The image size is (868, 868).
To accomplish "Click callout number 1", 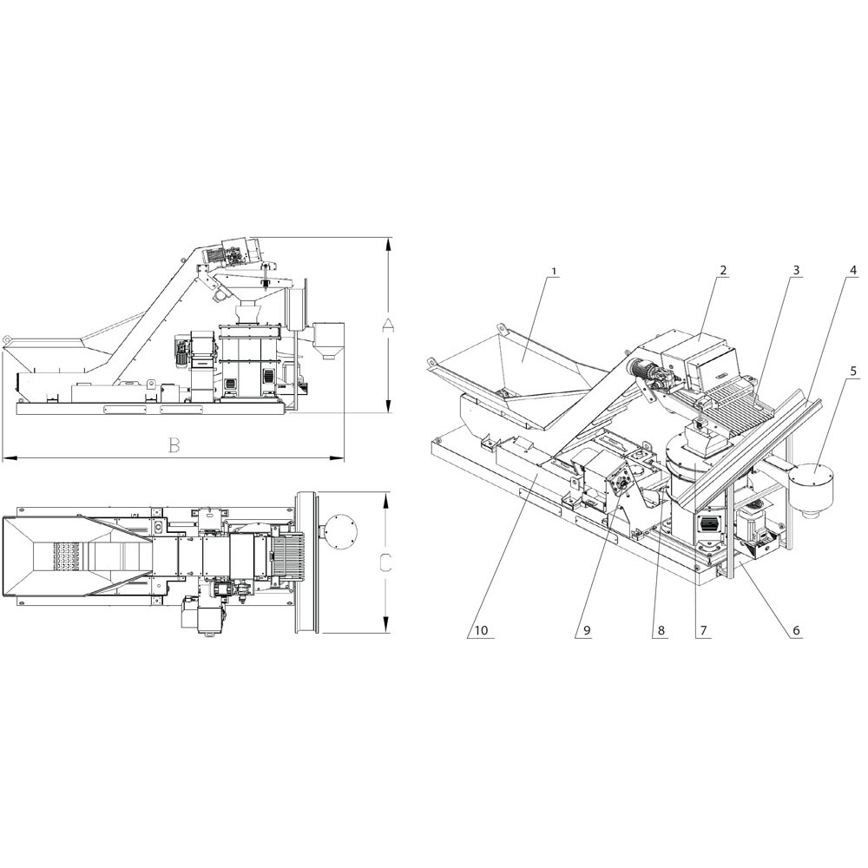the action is [555, 272].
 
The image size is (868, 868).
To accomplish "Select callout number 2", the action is [722, 270].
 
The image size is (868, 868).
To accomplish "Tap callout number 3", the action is [796, 270].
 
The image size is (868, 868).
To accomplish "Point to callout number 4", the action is [853, 271].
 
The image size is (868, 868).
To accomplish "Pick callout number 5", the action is [853, 372].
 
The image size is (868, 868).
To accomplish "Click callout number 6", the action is [796, 630].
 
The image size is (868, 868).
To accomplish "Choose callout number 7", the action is [703, 630].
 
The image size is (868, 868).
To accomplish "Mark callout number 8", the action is [661, 630].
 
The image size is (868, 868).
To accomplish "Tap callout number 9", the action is [587, 630].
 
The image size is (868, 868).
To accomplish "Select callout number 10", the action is [482, 630].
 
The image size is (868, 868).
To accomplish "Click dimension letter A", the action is [389, 326].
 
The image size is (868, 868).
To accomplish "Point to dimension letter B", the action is [174, 445].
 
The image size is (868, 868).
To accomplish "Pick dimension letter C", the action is [386, 563].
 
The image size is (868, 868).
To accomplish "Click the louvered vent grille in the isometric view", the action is [710, 524].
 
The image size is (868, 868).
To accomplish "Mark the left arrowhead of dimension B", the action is [10, 457].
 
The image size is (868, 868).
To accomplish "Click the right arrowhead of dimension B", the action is [337, 457].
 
